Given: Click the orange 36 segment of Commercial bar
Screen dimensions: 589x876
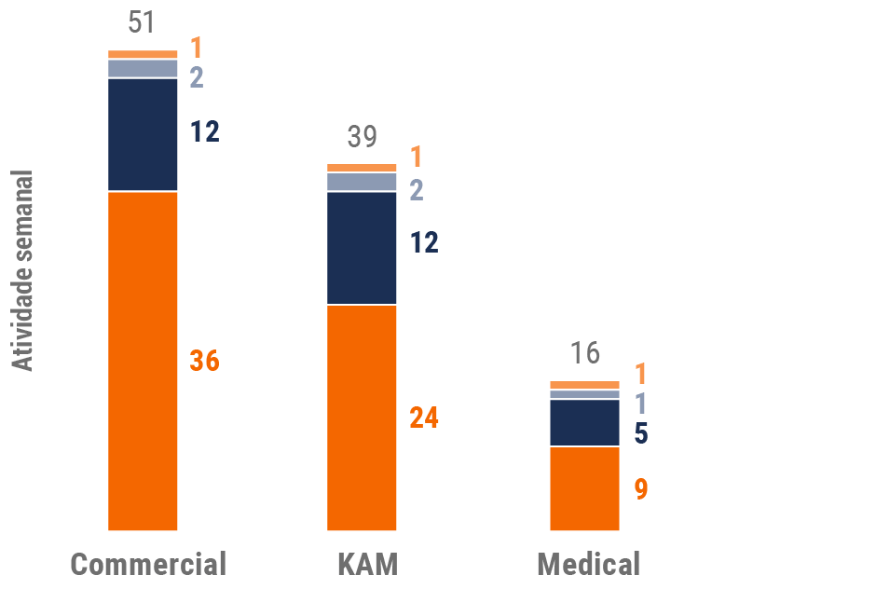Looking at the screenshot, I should coord(143,361).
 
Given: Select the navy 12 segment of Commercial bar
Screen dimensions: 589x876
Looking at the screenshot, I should coord(143,134).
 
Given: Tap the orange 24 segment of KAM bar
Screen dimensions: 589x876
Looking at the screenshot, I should coord(362,418).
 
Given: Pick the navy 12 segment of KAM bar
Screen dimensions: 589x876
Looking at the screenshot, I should coord(362,248).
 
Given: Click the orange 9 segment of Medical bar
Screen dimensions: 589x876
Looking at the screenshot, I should coord(584,488).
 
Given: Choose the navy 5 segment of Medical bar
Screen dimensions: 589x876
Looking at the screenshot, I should coord(584,423).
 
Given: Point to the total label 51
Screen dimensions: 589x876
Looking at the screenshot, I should coord(143,23).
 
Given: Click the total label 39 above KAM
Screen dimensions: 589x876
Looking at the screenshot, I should coord(362,137).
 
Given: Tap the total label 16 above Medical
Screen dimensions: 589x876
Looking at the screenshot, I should coord(585,354).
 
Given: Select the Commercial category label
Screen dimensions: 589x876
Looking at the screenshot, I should coord(148,564).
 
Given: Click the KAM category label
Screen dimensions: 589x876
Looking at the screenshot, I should coord(367,564).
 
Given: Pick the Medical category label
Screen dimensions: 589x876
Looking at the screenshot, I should coord(589,564).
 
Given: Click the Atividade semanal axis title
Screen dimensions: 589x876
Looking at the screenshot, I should coord(23,270).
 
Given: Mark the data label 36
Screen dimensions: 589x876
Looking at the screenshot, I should coord(204,361).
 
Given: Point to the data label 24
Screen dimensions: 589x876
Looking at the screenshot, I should coord(424,418).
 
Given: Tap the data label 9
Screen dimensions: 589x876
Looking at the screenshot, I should coord(641,489).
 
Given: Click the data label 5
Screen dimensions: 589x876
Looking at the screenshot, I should coord(641,433).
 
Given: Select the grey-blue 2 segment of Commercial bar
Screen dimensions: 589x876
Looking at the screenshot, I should coord(143,69).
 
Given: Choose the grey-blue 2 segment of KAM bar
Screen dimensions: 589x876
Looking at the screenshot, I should coord(362,182).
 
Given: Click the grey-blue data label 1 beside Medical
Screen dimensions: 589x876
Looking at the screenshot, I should coord(641,404).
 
